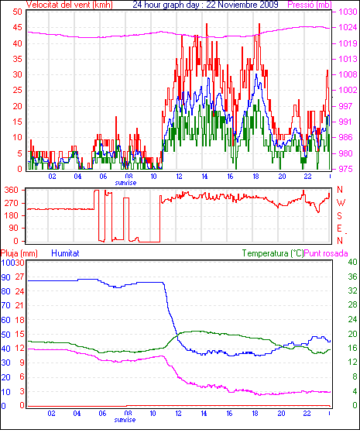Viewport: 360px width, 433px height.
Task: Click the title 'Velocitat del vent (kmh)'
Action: [70, 5]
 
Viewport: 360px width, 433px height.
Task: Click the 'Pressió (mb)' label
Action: [310, 5]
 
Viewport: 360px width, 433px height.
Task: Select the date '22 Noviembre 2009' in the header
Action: [242, 5]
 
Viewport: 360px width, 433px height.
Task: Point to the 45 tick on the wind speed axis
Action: [17, 27]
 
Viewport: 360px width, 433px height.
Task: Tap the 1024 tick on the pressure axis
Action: [348, 27]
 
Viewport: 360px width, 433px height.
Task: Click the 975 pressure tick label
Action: [345, 169]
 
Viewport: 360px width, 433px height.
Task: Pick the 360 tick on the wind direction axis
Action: [12, 190]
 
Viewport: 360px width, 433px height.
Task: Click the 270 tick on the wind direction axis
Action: [12, 203]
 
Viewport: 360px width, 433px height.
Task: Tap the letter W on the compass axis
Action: [341, 203]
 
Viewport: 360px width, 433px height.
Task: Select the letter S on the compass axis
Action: [340, 215]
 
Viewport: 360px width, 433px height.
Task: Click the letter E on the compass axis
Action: [340, 228]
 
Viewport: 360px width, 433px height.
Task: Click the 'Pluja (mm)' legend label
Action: [19, 253]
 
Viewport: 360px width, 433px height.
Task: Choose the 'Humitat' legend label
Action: [65, 253]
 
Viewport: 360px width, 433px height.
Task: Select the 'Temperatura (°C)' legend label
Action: [273, 253]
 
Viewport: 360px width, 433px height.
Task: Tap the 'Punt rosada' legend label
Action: [326, 253]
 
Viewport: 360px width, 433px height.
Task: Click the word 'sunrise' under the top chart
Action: [125, 183]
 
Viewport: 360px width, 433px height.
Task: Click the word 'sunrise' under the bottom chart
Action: [125, 420]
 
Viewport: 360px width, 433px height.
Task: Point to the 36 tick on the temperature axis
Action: [352, 277]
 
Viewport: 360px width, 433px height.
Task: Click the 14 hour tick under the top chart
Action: [204, 176]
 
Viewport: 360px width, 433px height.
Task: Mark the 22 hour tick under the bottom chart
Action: [307, 414]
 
